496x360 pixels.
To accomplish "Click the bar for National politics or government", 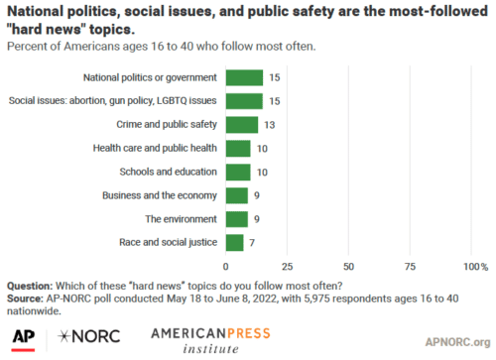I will [x=244, y=76].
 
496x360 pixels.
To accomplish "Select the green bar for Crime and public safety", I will [x=242, y=124].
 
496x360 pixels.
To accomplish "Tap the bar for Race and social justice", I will [x=234, y=242].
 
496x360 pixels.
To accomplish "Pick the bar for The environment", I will [x=237, y=218].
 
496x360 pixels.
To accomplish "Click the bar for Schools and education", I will [x=238, y=172].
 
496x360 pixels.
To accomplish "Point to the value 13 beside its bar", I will [x=268, y=124].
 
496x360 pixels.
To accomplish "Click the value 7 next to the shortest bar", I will [x=252, y=242].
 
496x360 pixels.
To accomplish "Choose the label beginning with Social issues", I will [x=114, y=100].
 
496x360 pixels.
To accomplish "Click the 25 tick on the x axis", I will [x=287, y=266].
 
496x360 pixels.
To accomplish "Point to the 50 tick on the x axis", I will [x=347, y=266].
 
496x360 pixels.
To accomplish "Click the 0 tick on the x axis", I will [x=226, y=266].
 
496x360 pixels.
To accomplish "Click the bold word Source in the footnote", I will [x=28, y=297].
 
